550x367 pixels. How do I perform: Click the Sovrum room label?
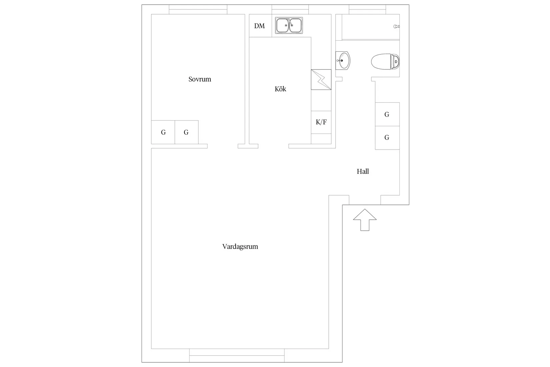[200, 79]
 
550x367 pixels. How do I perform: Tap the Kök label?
[280, 89]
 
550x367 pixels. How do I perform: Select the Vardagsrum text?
[240, 247]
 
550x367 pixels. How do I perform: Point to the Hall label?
[363, 171]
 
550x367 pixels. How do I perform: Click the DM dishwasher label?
[259, 26]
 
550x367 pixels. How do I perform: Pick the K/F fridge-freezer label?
[321, 122]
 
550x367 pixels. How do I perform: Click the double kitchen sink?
[289, 25]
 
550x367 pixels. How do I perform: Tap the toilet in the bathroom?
[385, 61]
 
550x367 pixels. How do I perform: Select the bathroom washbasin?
[343, 60]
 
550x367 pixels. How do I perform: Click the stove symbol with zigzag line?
[321, 79]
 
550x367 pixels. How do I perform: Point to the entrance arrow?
[365, 220]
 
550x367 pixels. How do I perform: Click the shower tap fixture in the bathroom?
[397, 27]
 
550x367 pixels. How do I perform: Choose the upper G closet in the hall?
[387, 114]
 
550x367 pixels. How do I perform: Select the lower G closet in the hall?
[387, 138]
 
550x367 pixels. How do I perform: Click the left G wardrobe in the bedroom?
[163, 132]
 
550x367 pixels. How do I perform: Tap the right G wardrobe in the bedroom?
[187, 132]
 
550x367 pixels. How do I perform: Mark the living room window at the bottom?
[237, 355]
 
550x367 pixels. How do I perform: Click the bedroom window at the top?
[198, 10]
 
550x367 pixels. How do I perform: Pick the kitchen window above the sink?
[290, 10]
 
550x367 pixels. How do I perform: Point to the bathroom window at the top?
[368, 10]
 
